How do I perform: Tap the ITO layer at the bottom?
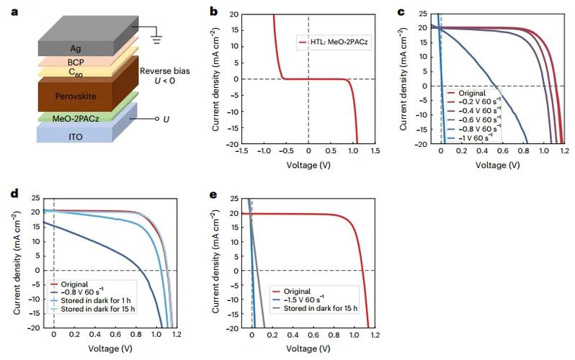coord(68,135)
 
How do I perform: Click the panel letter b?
coord(213,11)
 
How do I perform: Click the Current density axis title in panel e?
coord(215,263)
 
